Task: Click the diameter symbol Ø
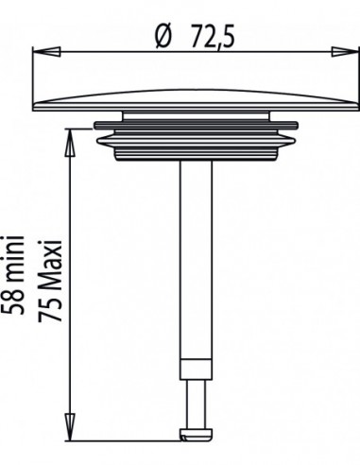tap(164, 38)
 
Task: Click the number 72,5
tap(214, 37)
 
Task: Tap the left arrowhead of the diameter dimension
tap(46, 52)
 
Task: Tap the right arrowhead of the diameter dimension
tap(345, 52)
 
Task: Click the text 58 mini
tap(12, 274)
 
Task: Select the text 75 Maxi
tap(50, 282)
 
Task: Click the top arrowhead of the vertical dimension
tap(70, 143)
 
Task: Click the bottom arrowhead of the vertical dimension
tap(70, 427)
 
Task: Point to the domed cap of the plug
tap(196, 100)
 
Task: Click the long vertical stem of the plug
tap(196, 260)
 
